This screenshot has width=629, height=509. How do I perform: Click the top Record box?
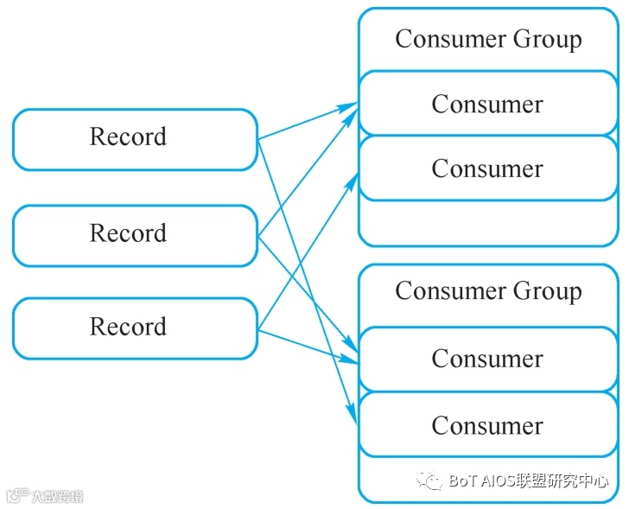pos(135,138)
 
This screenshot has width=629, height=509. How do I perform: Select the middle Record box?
pos(135,234)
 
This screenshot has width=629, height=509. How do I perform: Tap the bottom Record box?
pos(135,328)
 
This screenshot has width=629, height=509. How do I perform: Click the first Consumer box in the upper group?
pos(487,105)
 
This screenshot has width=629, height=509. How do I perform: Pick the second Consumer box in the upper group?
pos(487,169)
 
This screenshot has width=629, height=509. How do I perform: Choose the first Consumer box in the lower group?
pos(487,359)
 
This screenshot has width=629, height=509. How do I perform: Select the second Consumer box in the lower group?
pos(487,425)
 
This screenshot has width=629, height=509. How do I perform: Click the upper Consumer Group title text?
pos(488,40)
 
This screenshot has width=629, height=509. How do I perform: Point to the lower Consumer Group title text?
pos(488,292)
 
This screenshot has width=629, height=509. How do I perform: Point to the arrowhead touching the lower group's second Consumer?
pos(353,416)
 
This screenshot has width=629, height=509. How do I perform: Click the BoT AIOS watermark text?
pos(528,481)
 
